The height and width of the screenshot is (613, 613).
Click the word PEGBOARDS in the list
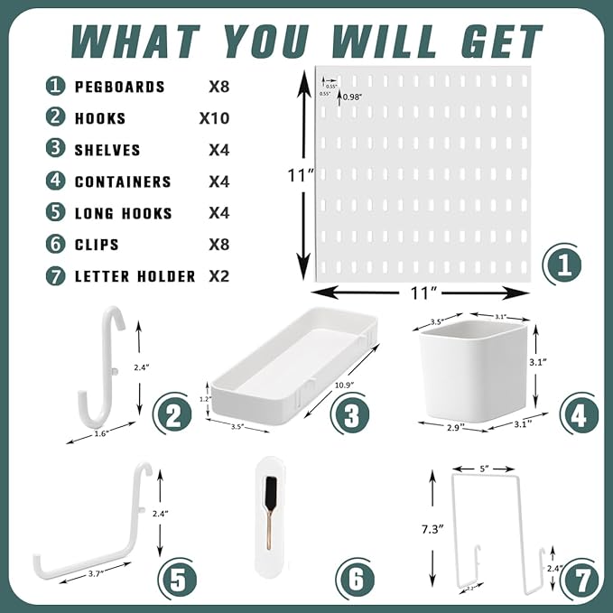119,87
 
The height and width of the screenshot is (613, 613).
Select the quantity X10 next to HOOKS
214,118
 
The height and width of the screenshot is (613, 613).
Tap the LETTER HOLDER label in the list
135,276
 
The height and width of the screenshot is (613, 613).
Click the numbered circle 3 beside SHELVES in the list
57,150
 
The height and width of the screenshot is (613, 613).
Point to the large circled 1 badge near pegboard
562,266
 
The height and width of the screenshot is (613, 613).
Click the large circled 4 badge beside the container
577,414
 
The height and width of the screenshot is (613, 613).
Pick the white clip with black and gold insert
270,517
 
